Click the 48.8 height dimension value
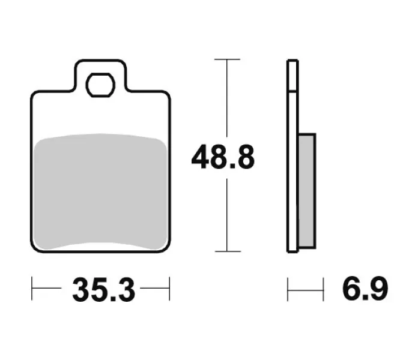coord(223,157)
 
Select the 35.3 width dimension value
coord(104,289)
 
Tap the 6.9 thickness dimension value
coord(365,289)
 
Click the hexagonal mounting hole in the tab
coord(100,85)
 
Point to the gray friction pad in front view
coord(101,191)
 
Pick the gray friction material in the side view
coord(306,191)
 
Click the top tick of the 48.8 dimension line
coord(227,59)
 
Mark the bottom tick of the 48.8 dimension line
coord(228,251)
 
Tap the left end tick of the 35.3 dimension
coord(32,289)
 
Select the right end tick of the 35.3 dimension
coord(169,289)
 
